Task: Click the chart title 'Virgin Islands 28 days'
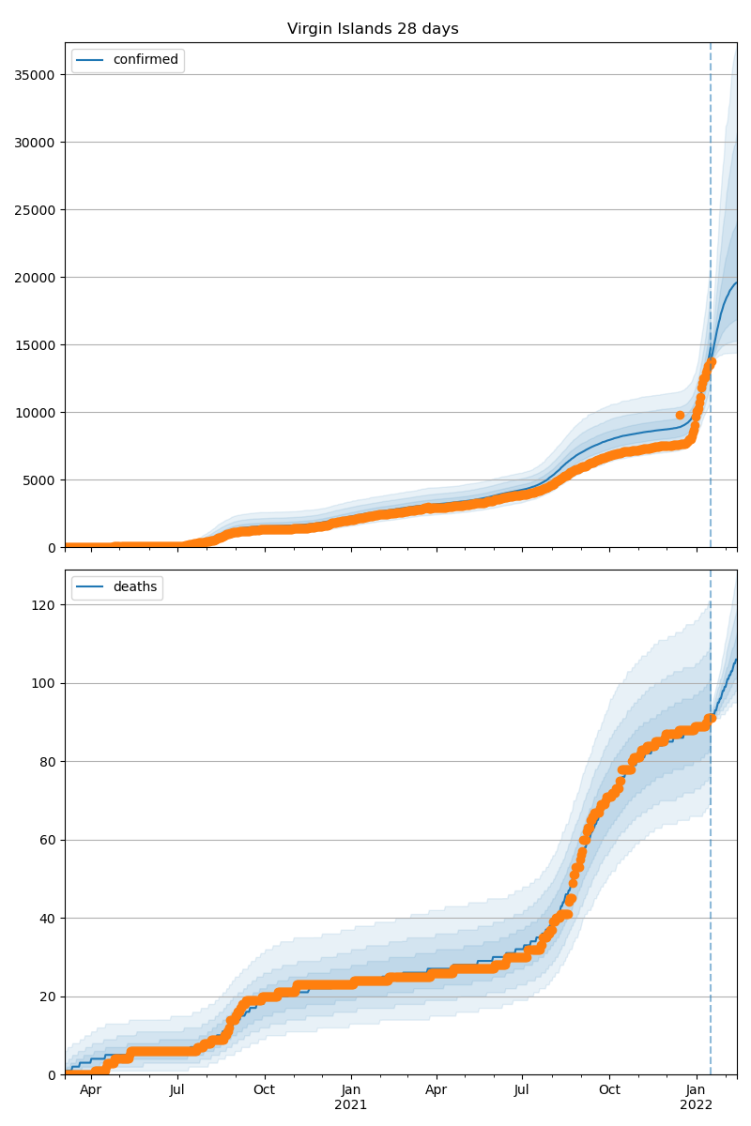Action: pyautogui.click(x=373, y=29)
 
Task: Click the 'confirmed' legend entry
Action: pyautogui.click(x=145, y=60)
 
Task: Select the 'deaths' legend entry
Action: pyautogui.click(x=134, y=587)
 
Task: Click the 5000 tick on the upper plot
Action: pyautogui.click(x=41, y=479)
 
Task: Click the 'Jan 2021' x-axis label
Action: pyautogui.click(x=351, y=1097)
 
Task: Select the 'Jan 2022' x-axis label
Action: pyautogui.click(x=697, y=1097)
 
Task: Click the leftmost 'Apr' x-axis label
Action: pyautogui.click(x=90, y=1089)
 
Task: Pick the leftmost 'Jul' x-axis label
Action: pyautogui.click(x=177, y=1089)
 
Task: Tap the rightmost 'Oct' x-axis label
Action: pyautogui.click(x=609, y=1089)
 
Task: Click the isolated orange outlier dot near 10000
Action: pyautogui.click(x=680, y=415)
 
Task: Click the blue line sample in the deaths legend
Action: pyautogui.click(x=91, y=587)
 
